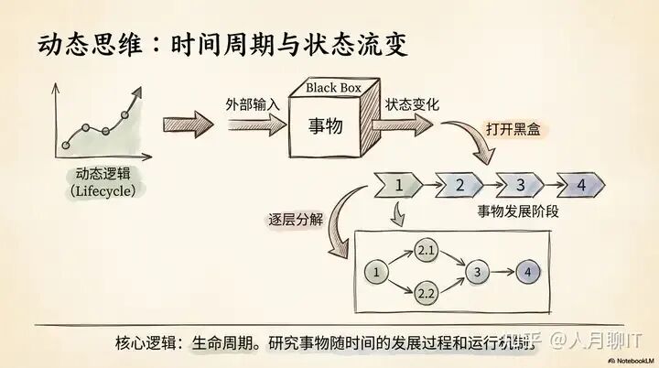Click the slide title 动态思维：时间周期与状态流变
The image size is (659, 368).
click(222, 43)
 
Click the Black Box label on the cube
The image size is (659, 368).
click(334, 88)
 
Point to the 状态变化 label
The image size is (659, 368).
click(412, 103)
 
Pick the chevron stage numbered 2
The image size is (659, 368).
click(460, 185)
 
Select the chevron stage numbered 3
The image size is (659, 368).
click(520, 185)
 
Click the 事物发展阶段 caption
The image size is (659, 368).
click(518, 211)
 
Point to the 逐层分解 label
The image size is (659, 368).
click(295, 220)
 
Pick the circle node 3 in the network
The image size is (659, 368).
click(476, 272)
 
